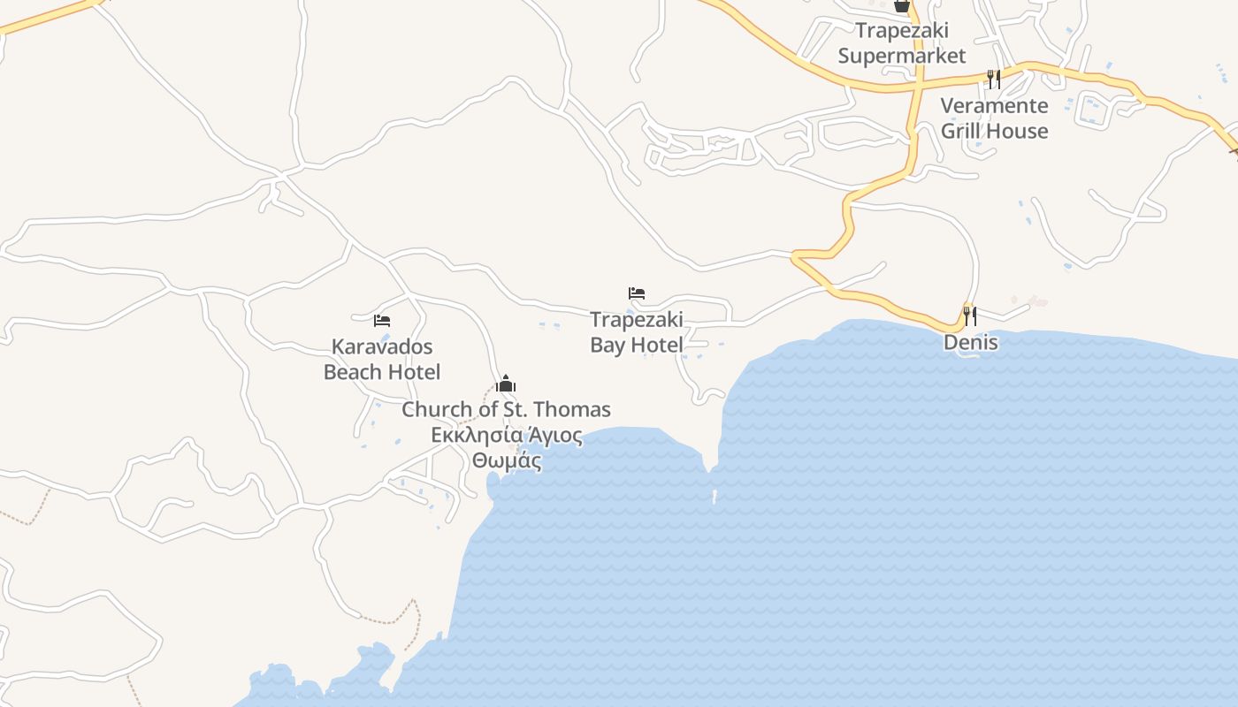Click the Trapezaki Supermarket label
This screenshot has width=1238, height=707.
point(902,43)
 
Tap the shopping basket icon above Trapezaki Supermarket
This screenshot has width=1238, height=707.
point(901,6)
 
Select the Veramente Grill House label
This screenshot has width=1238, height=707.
point(994,118)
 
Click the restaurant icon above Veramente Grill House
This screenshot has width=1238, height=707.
point(994,80)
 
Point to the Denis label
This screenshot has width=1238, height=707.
point(970,342)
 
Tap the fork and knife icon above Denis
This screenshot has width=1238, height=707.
point(970,315)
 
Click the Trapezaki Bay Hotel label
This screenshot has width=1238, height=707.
point(637,331)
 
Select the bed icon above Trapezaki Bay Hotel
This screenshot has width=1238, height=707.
point(637,293)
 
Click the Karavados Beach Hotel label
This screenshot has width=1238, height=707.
point(382,359)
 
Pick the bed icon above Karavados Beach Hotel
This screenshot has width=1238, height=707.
point(382,320)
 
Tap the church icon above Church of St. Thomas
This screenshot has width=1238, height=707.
point(506,384)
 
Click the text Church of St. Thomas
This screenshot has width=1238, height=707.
point(506,410)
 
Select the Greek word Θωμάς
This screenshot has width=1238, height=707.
point(506,460)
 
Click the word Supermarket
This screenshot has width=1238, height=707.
point(902,56)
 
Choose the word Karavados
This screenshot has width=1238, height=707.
point(382,346)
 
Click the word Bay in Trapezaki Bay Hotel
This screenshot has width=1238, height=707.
point(608,345)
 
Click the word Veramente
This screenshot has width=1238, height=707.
point(994,106)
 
